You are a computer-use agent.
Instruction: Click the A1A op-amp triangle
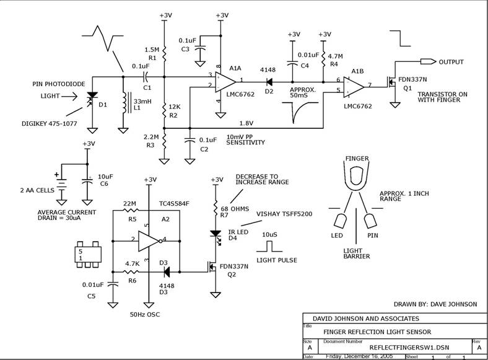coord(224,82)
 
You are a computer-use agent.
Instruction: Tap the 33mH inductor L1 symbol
coord(126,101)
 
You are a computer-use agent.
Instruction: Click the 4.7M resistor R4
coord(323,59)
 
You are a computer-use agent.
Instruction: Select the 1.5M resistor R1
coord(164,53)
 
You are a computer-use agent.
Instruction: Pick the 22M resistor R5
coord(129,211)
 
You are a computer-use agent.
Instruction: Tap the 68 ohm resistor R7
coord(216,207)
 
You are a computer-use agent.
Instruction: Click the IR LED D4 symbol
coord(216,235)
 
